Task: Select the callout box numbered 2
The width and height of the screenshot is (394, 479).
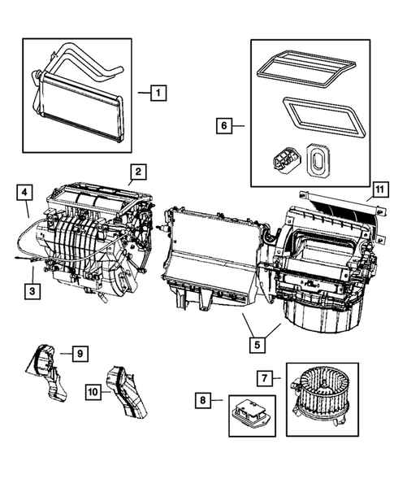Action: pos(139,171)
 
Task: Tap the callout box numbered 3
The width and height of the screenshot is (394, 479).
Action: pos(31,290)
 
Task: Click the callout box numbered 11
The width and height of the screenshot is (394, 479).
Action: pos(378,192)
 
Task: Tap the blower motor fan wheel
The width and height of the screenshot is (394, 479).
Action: pos(319,383)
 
